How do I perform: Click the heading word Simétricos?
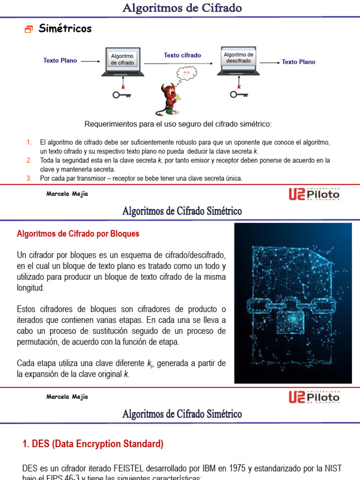[x=65, y=29]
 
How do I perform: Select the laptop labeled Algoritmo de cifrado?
[x=122, y=62]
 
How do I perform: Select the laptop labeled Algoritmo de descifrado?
[x=239, y=61]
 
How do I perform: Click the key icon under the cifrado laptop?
[x=121, y=95]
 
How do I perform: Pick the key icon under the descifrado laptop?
[x=239, y=95]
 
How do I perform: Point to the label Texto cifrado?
[x=182, y=55]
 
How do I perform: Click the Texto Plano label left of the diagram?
[x=60, y=60]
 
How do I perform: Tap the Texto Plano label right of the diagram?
[x=299, y=62]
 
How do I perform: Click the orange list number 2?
[x=29, y=160]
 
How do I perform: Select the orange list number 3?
[x=29, y=178]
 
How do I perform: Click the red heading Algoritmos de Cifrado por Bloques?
[x=78, y=233]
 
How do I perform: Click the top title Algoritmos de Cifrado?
[x=182, y=8]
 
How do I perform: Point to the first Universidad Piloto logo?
[x=314, y=194]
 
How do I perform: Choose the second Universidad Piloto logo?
[x=314, y=397]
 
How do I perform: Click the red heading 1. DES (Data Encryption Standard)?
[x=93, y=443]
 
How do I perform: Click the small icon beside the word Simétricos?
[x=29, y=30]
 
